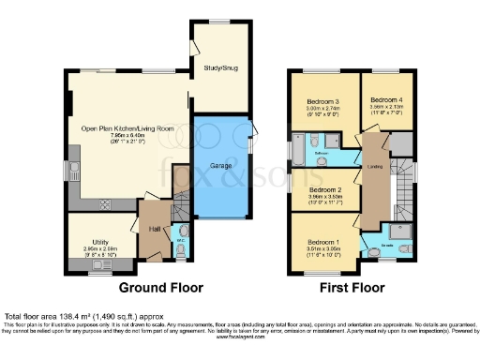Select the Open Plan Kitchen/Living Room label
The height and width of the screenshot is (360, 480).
(127, 127)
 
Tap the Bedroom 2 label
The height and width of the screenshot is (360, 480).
(325, 188)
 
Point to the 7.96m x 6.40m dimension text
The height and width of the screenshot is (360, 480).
(127, 136)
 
